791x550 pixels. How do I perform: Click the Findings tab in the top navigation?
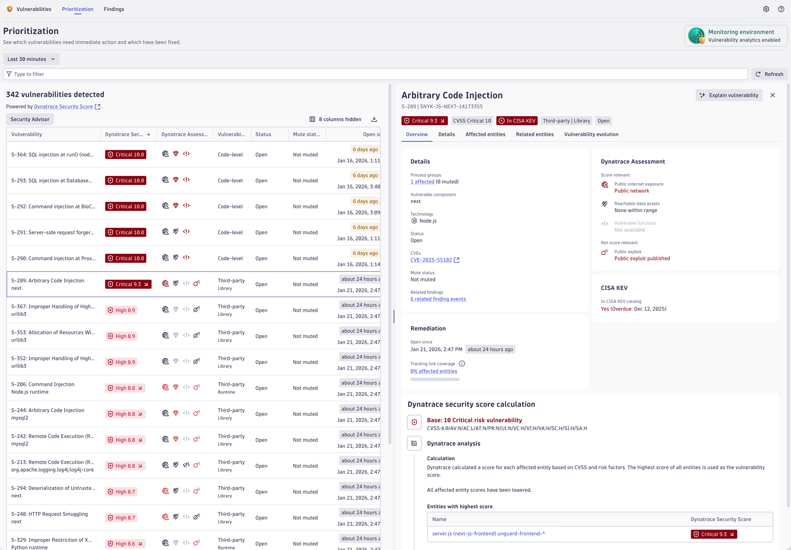(114, 9)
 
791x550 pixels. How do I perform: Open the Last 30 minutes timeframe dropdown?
(31, 59)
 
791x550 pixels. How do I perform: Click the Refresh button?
(769, 74)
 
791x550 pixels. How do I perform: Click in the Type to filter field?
(376, 74)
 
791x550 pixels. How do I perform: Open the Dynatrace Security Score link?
(63, 106)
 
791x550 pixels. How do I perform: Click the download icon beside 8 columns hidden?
(374, 119)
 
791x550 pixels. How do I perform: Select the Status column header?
(263, 134)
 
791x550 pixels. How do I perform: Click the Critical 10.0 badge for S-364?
(126, 155)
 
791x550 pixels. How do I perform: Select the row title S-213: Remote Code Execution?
(53, 462)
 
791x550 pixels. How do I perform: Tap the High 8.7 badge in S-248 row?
(121, 518)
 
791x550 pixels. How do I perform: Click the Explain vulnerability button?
(729, 95)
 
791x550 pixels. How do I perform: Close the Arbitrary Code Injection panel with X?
(773, 95)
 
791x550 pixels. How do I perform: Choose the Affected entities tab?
(485, 134)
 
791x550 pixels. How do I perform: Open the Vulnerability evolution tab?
(591, 134)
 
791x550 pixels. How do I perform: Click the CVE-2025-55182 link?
(431, 260)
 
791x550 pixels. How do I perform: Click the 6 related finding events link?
(438, 299)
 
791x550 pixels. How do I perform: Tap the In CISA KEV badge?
(517, 121)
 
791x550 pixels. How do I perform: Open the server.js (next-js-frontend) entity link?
(488, 533)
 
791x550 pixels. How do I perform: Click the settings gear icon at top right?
(766, 9)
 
